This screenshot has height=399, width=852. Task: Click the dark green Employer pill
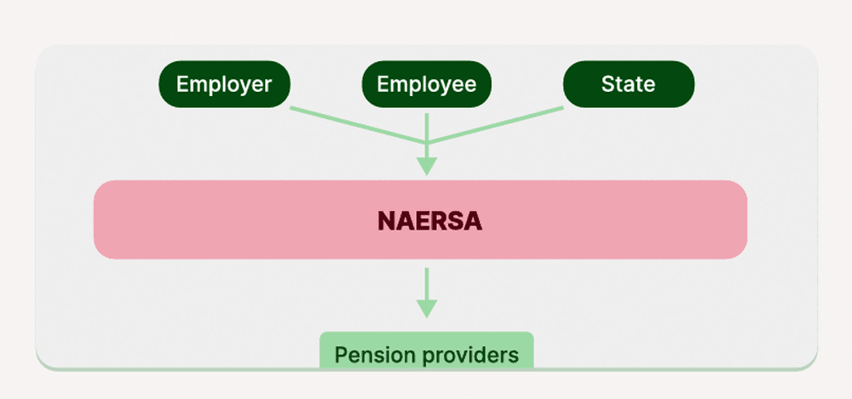point(224,84)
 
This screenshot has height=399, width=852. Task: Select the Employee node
point(427,84)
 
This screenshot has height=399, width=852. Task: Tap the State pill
point(629,84)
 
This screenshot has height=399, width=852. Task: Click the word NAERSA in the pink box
point(429,221)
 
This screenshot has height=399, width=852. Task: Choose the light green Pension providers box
point(427,351)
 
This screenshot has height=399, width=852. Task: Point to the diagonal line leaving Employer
point(358,125)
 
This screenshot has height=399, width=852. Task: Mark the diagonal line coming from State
point(495,125)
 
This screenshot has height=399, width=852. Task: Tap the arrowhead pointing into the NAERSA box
point(427,166)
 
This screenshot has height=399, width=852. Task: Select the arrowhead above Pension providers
point(427,308)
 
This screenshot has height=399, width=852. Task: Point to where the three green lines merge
point(427,143)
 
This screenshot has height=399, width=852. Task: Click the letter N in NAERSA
point(386,221)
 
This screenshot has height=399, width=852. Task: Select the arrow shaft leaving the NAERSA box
point(427,283)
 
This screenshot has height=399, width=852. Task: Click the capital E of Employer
point(182,84)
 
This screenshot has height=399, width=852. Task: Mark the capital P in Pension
point(341,356)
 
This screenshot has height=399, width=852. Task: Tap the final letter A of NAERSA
point(473,221)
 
